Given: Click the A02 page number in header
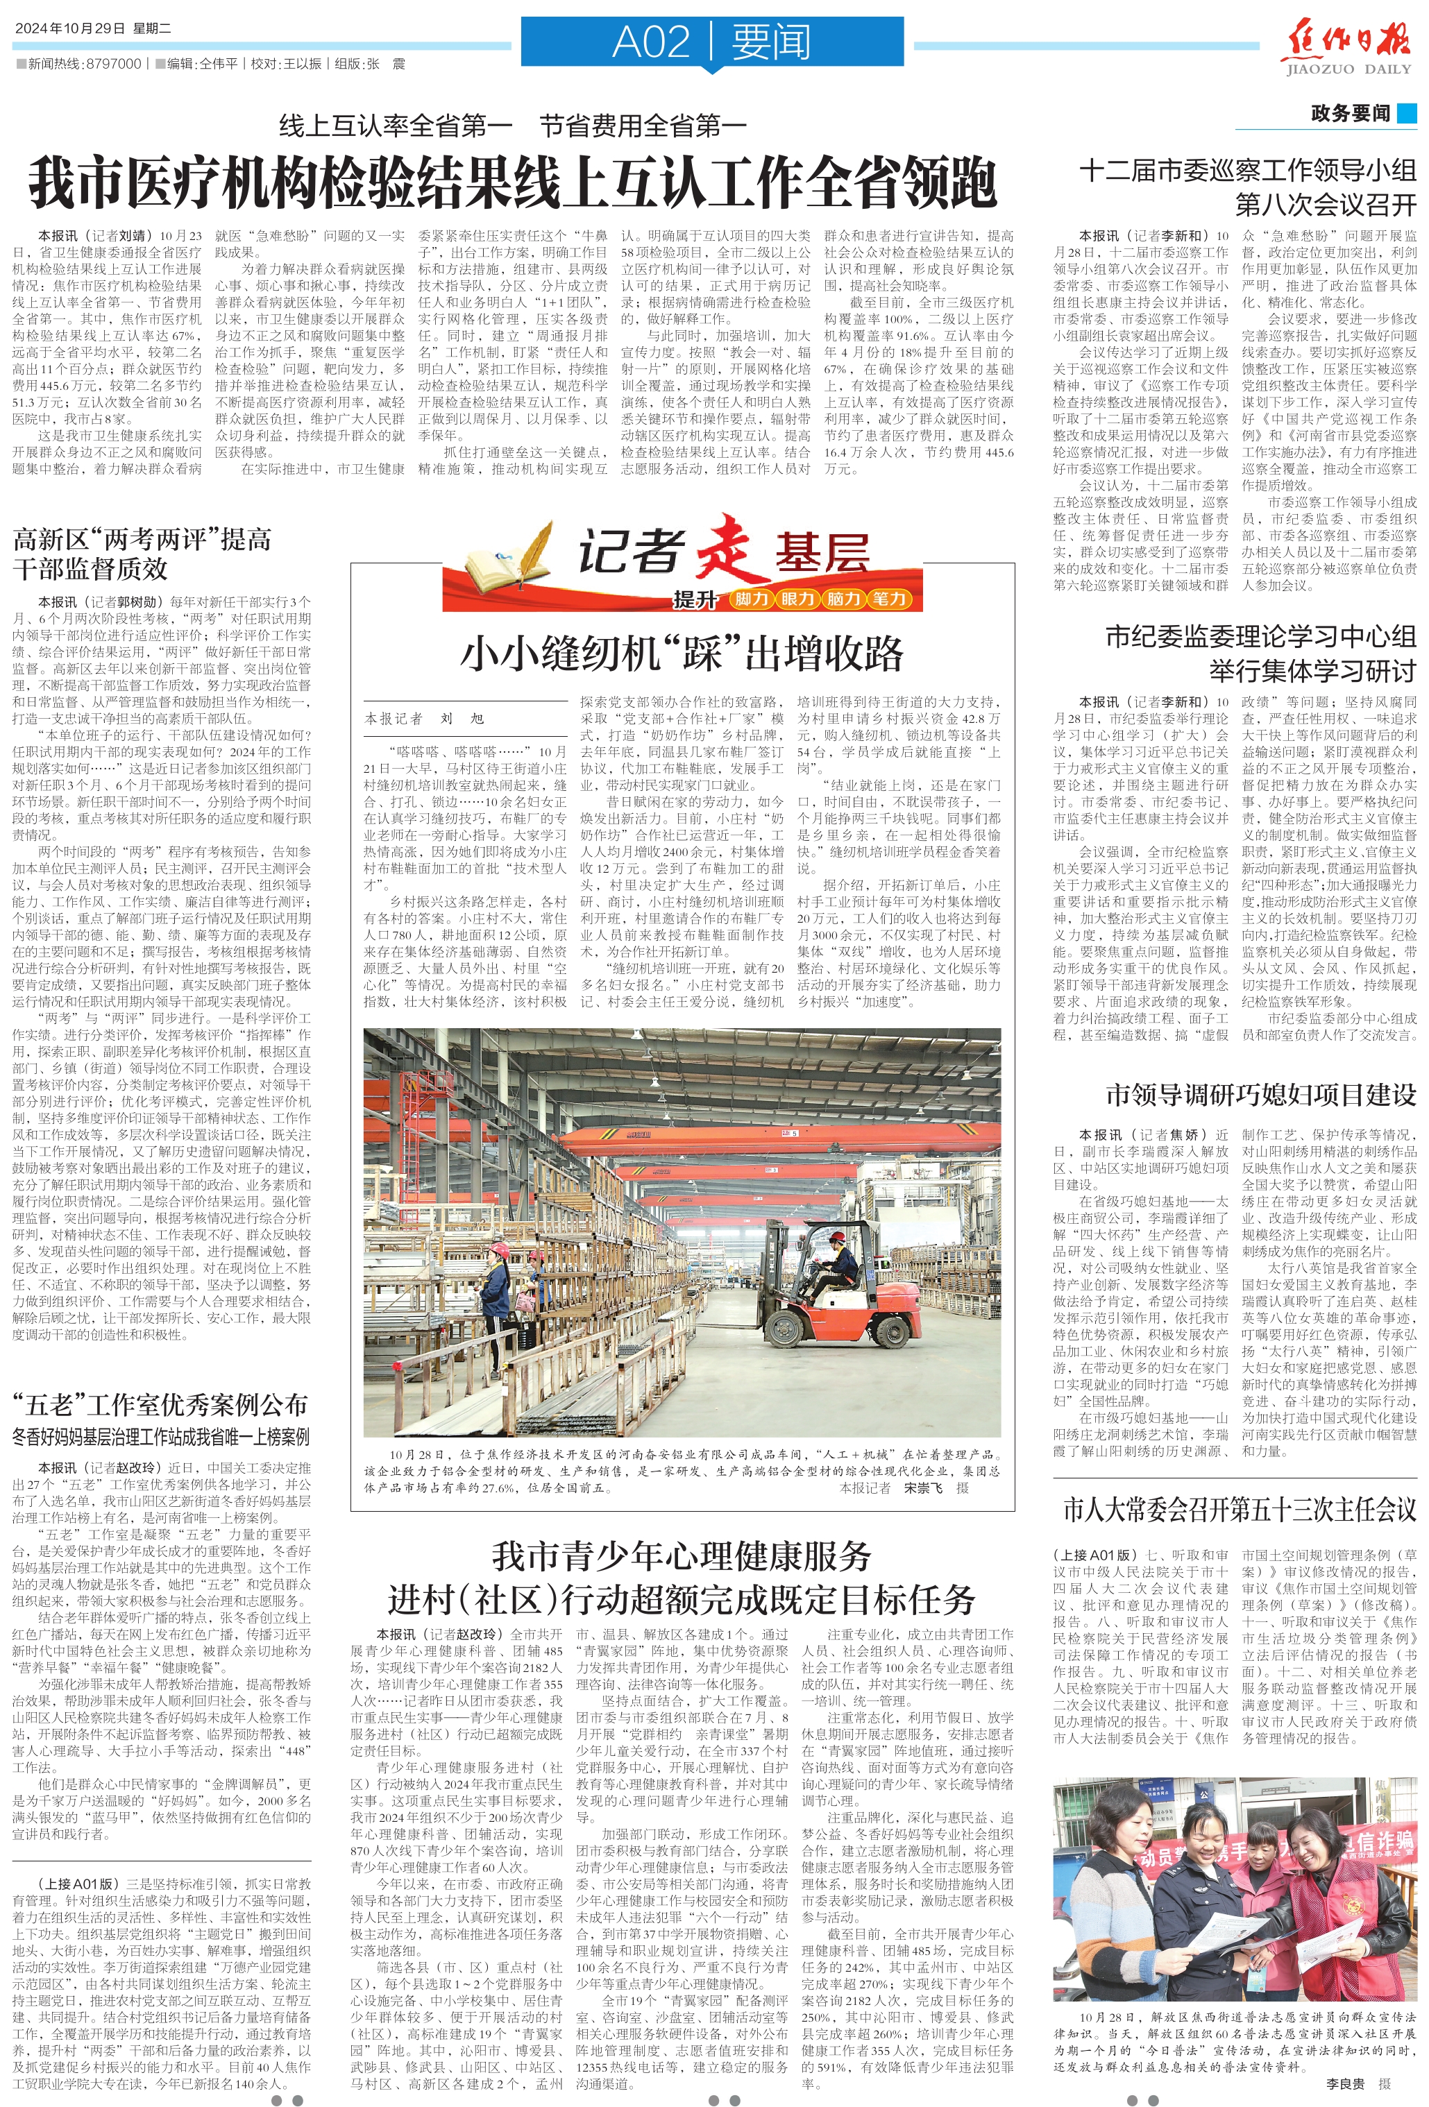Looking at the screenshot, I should click(651, 42).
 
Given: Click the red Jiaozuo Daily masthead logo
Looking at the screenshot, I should click(1349, 44).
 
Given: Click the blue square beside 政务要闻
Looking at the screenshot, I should click(1406, 113).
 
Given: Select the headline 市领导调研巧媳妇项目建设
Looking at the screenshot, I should click(1260, 1095).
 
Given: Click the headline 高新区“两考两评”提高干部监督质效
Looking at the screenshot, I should click(142, 554).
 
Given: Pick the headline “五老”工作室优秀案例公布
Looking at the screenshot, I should click(160, 1406).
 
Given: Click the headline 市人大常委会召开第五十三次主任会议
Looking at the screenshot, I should click(1239, 1510).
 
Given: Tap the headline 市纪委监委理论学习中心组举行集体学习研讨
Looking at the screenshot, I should click(1260, 653).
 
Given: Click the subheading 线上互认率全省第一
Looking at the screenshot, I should click(396, 126).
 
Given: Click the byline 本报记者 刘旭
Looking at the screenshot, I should click(424, 719).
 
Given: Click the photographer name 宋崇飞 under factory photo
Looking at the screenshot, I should click(922, 1487).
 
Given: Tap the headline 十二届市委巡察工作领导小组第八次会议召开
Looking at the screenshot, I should click(1246, 187).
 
